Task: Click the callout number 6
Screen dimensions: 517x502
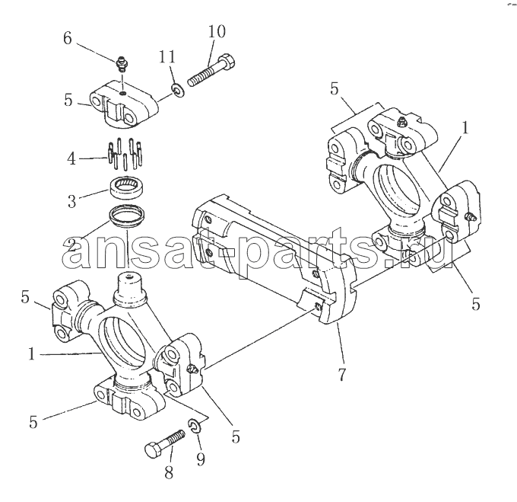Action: coord(67,39)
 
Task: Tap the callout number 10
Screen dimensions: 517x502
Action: coord(217,31)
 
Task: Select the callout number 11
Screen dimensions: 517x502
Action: coord(167,56)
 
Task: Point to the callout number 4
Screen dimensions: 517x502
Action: coord(71,159)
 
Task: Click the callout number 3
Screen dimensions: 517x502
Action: coord(72,201)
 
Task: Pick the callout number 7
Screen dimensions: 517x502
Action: coord(341,374)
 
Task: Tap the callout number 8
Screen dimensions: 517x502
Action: coord(169,473)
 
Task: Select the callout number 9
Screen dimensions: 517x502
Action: coord(201,459)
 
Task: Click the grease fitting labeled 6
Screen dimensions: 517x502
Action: coord(122,64)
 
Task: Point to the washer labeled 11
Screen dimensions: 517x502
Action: coord(178,91)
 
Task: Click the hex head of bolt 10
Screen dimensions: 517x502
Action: coord(227,62)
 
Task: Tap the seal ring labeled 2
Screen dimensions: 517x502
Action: coord(127,216)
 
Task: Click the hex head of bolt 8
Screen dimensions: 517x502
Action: coord(154,449)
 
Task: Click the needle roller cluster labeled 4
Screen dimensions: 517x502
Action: coord(125,153)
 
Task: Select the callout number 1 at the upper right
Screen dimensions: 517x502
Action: coord(465,128)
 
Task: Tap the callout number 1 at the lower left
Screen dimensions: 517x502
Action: coord(32,354)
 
